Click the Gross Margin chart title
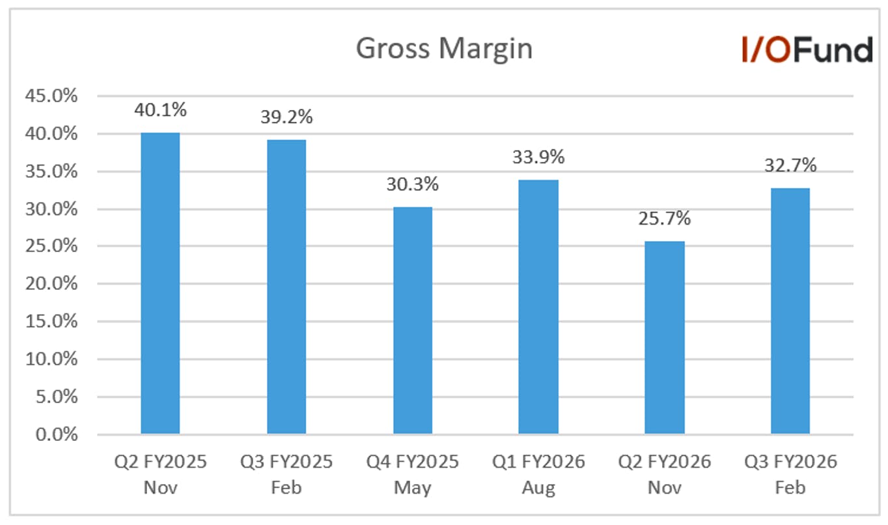[x=444, y=49]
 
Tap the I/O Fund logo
[x=807, y=50]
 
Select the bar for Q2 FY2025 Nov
[x=160, y=283]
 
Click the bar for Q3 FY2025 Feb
[x=286, y=287]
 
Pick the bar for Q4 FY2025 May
[x=413, y=320]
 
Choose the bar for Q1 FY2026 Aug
[x=538, y=307]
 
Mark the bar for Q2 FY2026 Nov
[x=665, y=337]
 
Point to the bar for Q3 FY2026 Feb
[x=790, y=311]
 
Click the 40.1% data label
[x=160, y=110]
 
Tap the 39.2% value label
[x=286, y=117]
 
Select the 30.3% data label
[x=413, y=184]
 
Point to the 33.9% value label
[x=538, y=157]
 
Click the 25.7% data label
[x=665, y=218]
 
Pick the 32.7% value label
[x=790, y=165]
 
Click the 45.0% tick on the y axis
[x=51, y=96]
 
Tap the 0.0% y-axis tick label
[x=56, y=434]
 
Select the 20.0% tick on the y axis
[x=51, y=284]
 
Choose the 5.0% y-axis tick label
[x=56, y=397]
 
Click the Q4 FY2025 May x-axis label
[x=412, y=475]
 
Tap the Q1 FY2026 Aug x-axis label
[x=538, y=475]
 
